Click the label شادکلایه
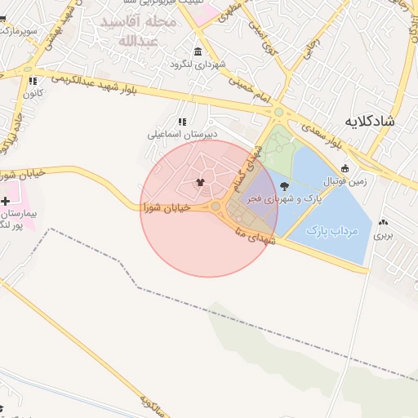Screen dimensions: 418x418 [370, 122]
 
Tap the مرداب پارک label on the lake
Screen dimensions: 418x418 [332, 232]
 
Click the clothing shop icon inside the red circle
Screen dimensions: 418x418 [199, 181]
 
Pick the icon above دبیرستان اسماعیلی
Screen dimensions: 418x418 [182, 121]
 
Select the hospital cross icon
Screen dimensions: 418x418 [7, 201]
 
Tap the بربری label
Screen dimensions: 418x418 [384, 235]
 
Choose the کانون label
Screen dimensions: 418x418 [33, 93]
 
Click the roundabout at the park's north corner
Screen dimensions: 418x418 [279, 113]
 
